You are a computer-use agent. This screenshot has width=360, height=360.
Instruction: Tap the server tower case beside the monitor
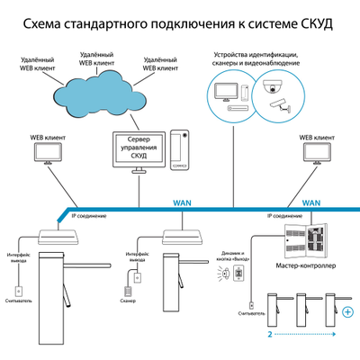(x=181, y=148)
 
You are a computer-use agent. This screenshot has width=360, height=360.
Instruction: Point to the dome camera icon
(x=269, y=87)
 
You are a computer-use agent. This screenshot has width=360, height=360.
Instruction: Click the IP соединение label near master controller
(x=283, y=217)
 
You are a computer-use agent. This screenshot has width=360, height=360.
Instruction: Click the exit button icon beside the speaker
(x=238, y=273)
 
